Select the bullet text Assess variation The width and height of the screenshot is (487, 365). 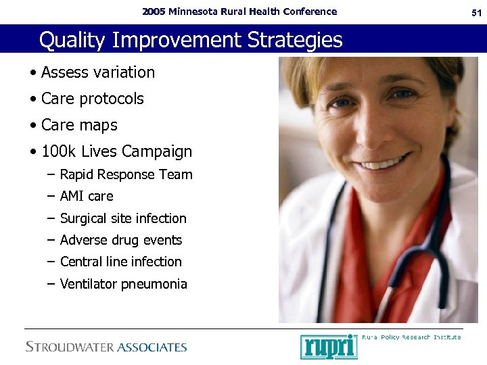(97, 72)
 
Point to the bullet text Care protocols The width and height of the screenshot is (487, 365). (92, 99)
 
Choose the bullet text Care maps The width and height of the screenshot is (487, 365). (79, 125)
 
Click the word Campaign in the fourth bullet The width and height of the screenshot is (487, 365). (156, 151)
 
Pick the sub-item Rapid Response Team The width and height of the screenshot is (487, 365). (126, 174)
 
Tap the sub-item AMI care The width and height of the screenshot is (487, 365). (87, 196)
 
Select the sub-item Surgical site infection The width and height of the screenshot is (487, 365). (123, 218)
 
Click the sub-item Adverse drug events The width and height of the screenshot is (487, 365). (121, 240)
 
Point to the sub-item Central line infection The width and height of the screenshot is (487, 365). (121, 262)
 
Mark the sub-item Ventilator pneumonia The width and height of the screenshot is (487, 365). (123, 284)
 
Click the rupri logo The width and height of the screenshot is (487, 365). (329, 346)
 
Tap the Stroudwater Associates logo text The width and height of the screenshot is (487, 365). (106, 347)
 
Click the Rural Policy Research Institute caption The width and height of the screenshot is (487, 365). (411, 337)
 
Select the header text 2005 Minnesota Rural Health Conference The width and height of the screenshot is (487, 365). (239, 11)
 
